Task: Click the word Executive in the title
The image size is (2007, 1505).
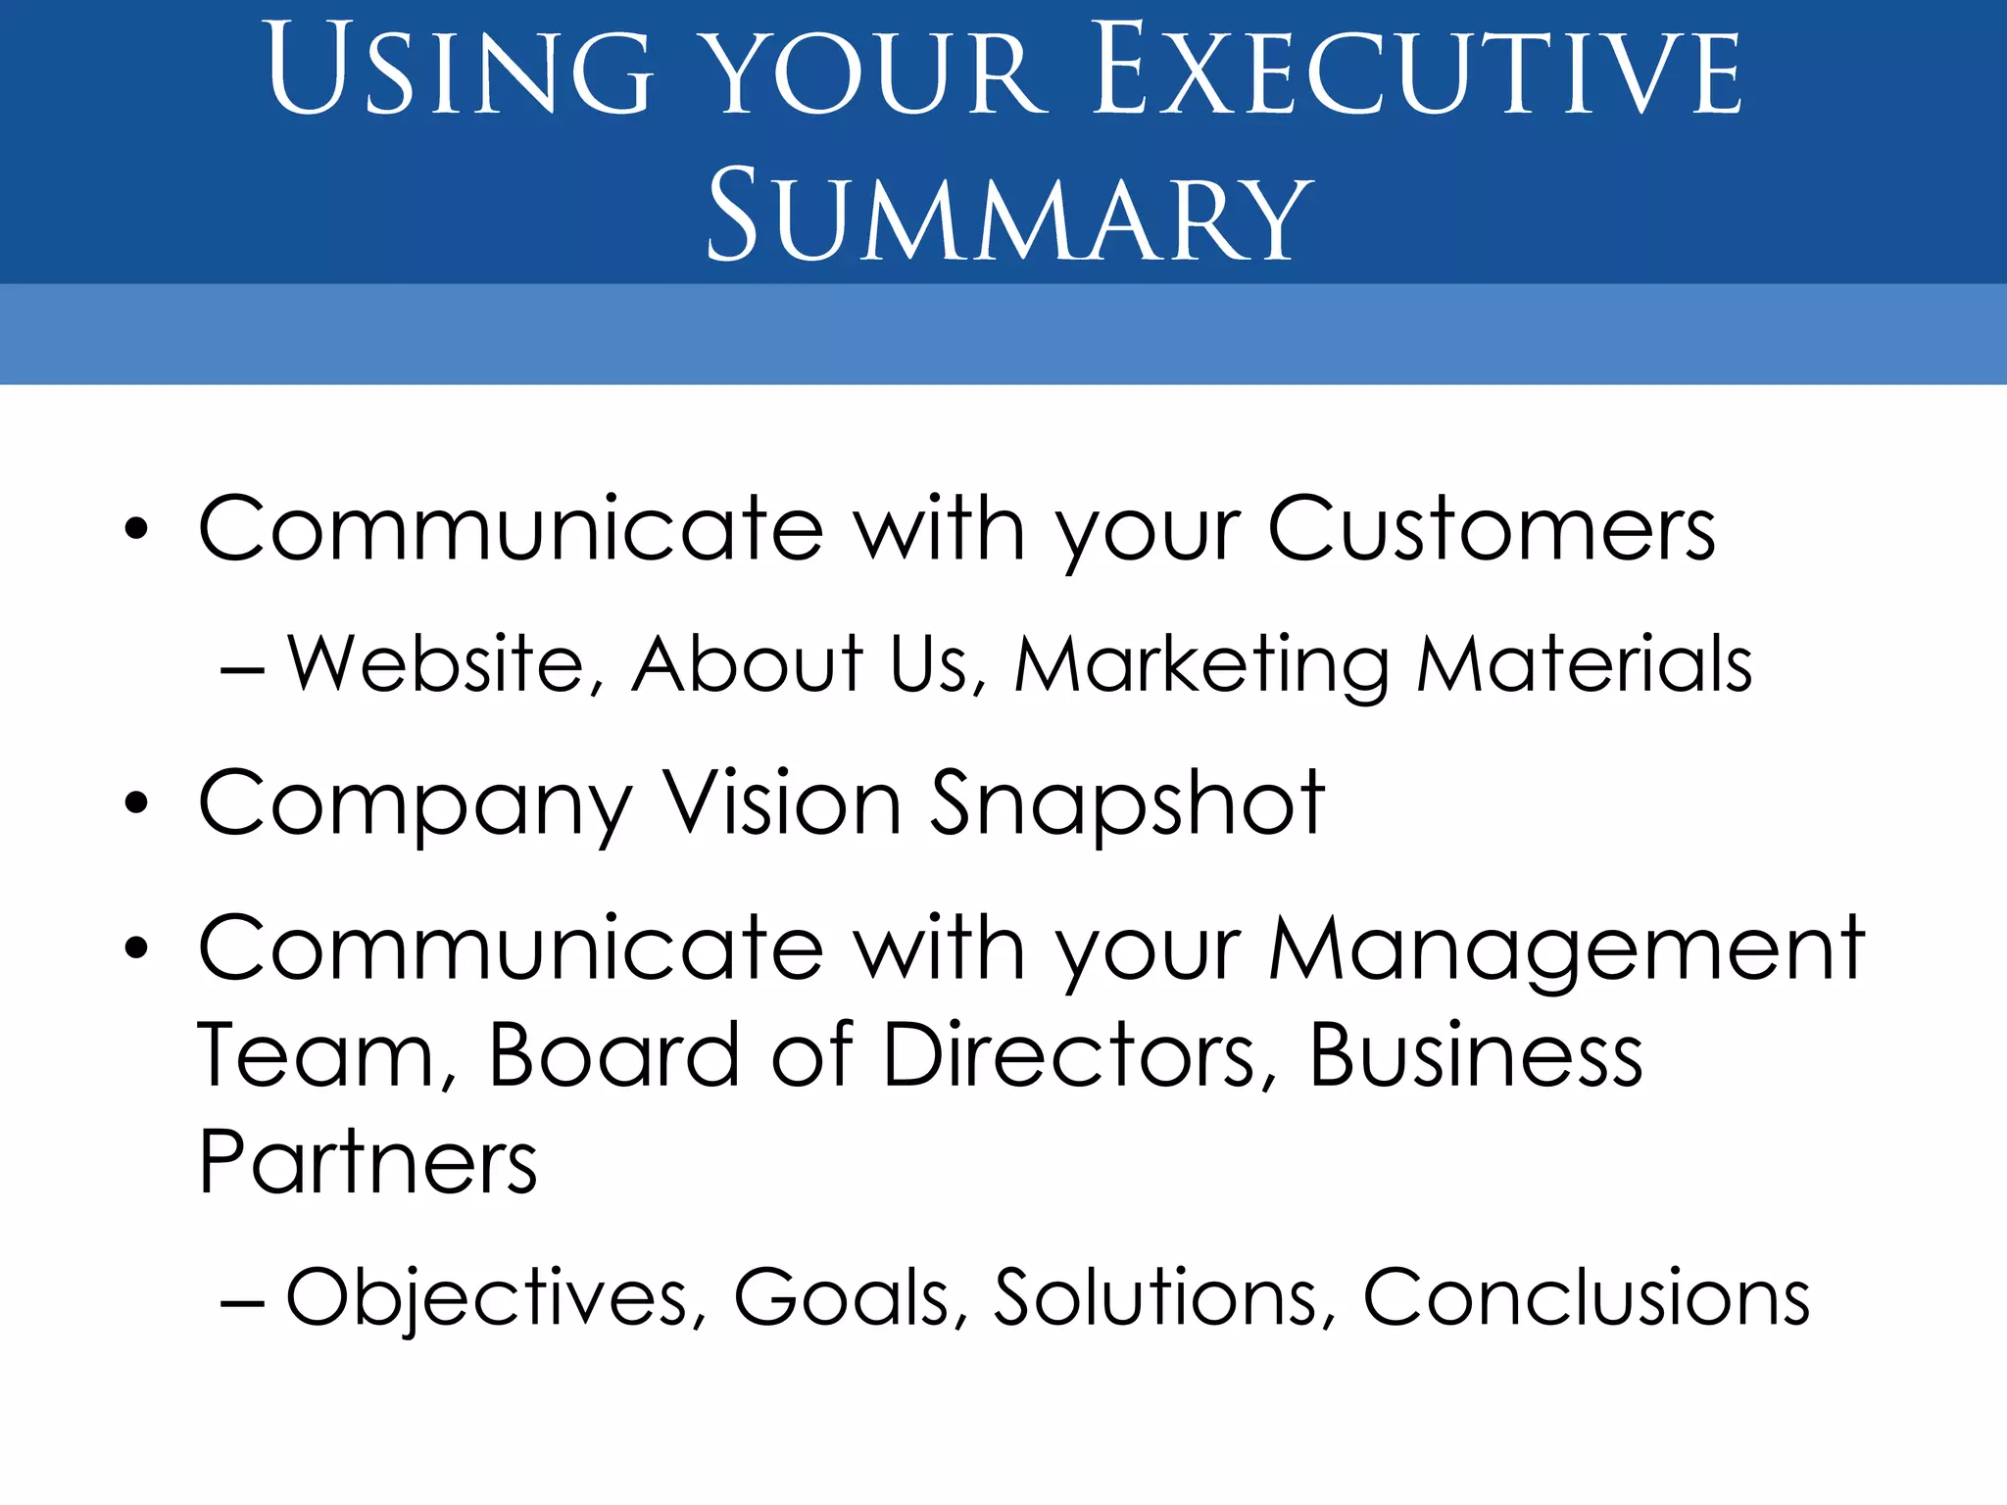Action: [x=1417, y=71]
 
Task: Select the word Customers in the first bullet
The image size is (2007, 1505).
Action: [x=1491, y=530]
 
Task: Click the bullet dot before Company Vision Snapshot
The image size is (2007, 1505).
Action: [x=136, y=804]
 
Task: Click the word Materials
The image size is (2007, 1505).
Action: [x=1584, y=665]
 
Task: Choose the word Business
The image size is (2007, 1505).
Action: [x=1476, y=1055]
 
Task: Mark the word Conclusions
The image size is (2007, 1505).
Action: [x=1586, y=1298]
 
